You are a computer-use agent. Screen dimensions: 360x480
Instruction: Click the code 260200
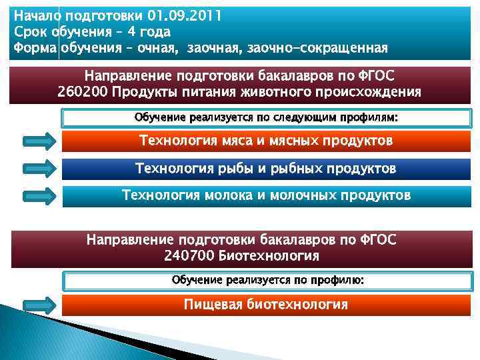click(83, 91)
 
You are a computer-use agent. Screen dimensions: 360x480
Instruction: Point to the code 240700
click(186, 255)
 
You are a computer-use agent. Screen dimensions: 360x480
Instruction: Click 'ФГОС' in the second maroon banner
click(376, 239)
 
